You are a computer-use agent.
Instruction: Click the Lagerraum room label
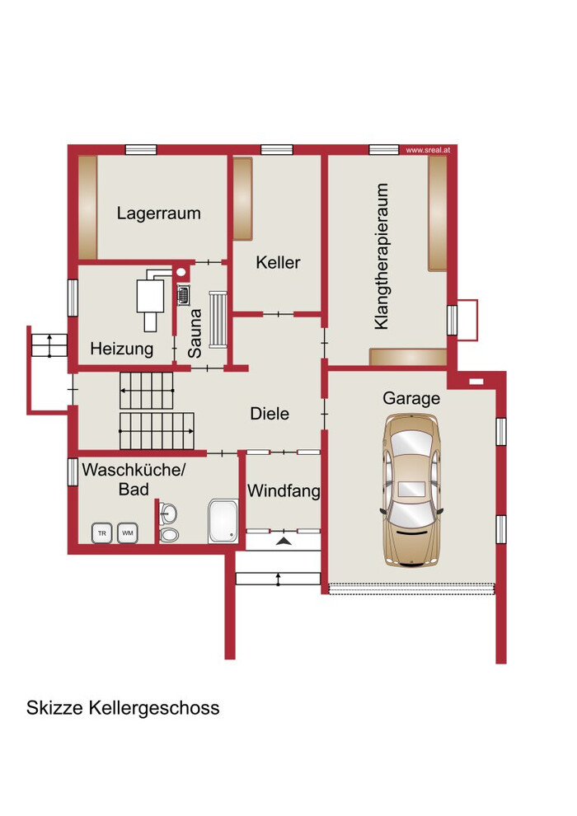159,213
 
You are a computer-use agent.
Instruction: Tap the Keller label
278,262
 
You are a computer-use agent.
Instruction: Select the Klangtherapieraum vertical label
382,256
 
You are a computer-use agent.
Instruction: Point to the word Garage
411,399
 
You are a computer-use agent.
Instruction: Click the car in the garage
412,490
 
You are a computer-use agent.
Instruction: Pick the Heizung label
122,349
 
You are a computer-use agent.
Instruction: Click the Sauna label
195,334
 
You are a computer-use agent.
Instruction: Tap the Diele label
270,414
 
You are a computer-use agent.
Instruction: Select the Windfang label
284,490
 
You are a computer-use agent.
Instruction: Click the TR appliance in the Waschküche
102,533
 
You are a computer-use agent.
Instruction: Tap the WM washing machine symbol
128,533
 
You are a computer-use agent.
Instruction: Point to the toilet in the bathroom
169,535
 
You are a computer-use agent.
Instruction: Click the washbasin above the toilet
167,514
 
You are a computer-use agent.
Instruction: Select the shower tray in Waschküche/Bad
223,521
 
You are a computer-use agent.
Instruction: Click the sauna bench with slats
218,320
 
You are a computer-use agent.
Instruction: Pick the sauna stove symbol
184,295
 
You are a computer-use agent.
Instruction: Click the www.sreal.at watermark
428,150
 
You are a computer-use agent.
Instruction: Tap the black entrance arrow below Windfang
284,542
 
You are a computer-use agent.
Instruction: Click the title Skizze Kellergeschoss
123,708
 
